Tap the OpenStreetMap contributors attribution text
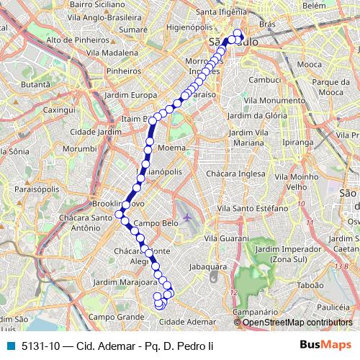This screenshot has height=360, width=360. click(x=298, y=323)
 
